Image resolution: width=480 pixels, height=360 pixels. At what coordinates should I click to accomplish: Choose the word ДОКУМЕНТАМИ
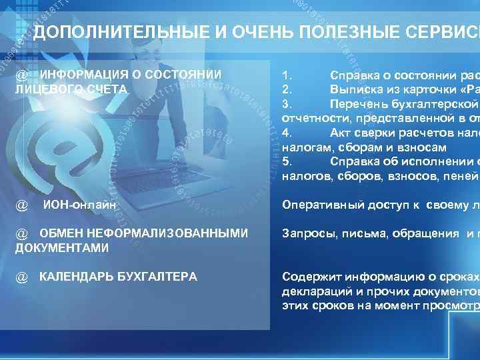[61, 247]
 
